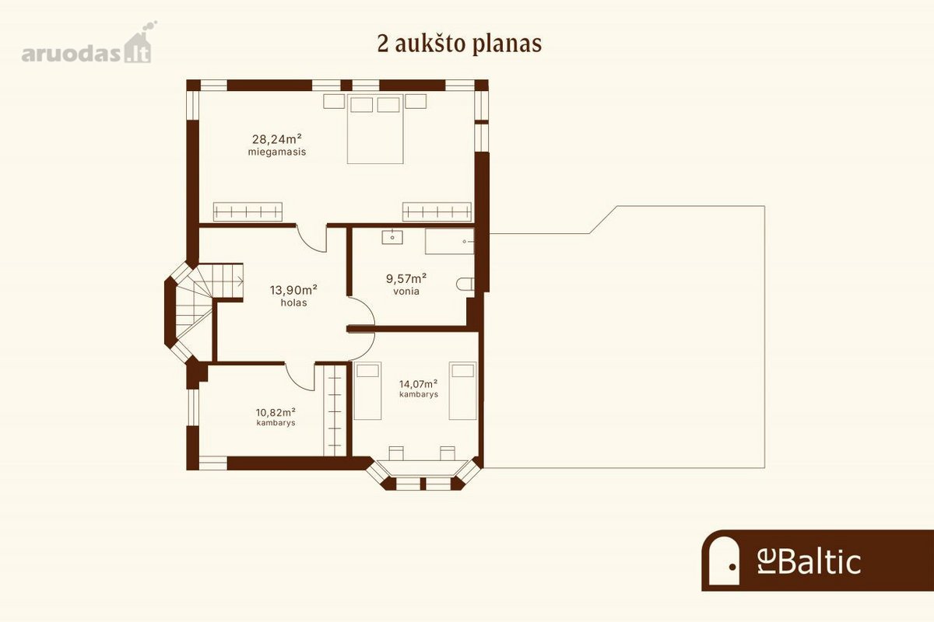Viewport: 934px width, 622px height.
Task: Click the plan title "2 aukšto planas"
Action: (459, 44)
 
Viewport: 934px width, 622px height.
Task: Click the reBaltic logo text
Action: (809, 561)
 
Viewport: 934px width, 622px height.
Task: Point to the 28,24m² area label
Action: (277, 138)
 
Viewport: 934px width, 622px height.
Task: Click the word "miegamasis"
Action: (277, 152)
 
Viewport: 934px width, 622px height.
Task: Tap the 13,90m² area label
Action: (293, 289)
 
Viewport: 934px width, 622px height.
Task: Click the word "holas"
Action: (293, 303)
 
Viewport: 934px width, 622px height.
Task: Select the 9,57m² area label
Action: (406, 278)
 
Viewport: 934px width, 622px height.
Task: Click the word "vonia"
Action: (406, 292)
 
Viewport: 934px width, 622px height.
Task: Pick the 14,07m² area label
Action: (418, 384)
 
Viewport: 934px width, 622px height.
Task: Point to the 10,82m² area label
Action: (276, 412)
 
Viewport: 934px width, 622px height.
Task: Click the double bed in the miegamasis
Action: (375, 129)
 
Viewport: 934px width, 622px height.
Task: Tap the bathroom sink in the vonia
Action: (392, 236)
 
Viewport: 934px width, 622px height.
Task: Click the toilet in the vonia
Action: (465, 284)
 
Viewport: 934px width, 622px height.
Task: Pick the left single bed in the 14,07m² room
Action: (367, 391)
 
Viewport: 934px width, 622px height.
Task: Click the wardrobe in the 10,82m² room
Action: (335, 410)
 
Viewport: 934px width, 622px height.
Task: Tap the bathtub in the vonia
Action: (450, 241)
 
